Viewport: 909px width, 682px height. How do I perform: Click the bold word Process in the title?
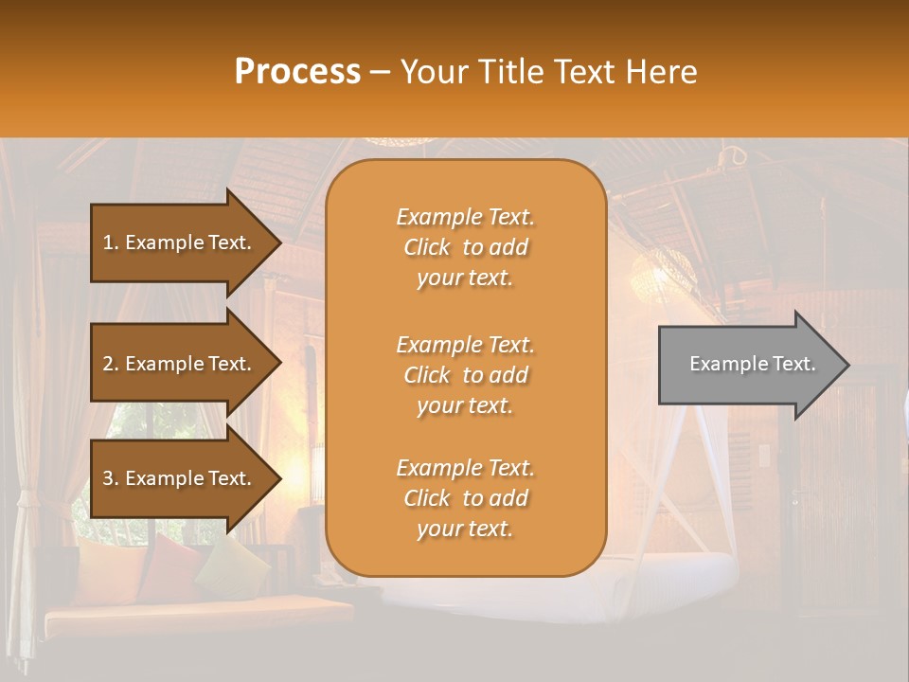click(297, 71)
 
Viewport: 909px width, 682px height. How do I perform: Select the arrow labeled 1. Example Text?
click(180, 242)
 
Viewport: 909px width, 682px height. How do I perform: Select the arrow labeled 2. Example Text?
click(180, 364)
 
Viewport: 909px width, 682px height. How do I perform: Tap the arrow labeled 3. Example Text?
click(180, 478)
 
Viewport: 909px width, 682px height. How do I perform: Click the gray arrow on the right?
click(748, 365)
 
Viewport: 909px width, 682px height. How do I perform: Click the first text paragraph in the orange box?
click(465, 247)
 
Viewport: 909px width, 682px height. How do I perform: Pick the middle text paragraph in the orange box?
click(465, 375)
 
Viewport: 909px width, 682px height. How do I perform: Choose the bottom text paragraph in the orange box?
click(465, 498)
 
